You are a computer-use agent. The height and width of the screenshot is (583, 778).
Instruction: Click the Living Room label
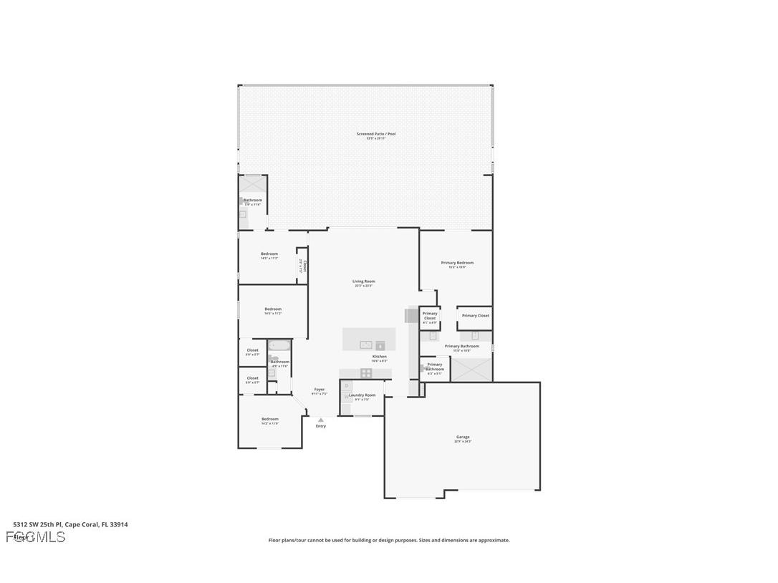pos(363,281)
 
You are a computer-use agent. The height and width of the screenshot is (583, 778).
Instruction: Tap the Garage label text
pos(463,437)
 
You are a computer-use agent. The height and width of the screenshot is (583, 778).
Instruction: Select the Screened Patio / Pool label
pos(376,134)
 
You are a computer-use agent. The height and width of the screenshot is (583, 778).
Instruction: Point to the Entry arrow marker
pos(320,420)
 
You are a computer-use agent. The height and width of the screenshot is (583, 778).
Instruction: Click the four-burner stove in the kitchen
pos(366,372)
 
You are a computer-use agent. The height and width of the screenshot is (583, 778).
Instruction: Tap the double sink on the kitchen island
pos(366,344)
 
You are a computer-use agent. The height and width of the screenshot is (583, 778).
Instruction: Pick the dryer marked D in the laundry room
pos(347,386)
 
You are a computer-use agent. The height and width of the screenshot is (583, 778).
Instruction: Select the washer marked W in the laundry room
pos(347,397)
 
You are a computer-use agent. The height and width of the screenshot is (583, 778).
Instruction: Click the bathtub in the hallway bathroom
pos(279,345)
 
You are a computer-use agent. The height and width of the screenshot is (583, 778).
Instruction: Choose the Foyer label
pos(319,390)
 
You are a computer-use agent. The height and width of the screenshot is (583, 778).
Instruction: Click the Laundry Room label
pos(362,395)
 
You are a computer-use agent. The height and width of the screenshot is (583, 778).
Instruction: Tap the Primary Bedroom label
pos(457,263)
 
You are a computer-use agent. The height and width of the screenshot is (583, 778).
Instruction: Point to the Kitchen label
pos(379,357)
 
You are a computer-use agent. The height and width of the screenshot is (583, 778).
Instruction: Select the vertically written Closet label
pos(304,266)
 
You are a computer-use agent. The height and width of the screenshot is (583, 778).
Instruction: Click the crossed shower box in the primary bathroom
pos(470,368)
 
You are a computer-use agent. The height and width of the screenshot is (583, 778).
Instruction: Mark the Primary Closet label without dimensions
pos(475,316)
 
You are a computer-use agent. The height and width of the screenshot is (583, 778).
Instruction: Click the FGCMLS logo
pos(36,536)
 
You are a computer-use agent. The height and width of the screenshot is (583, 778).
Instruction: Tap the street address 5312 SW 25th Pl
pos(37,524)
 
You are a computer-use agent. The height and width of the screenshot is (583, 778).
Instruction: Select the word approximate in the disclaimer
pos(493,540)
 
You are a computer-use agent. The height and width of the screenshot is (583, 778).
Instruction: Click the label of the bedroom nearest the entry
pos(269,419)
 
